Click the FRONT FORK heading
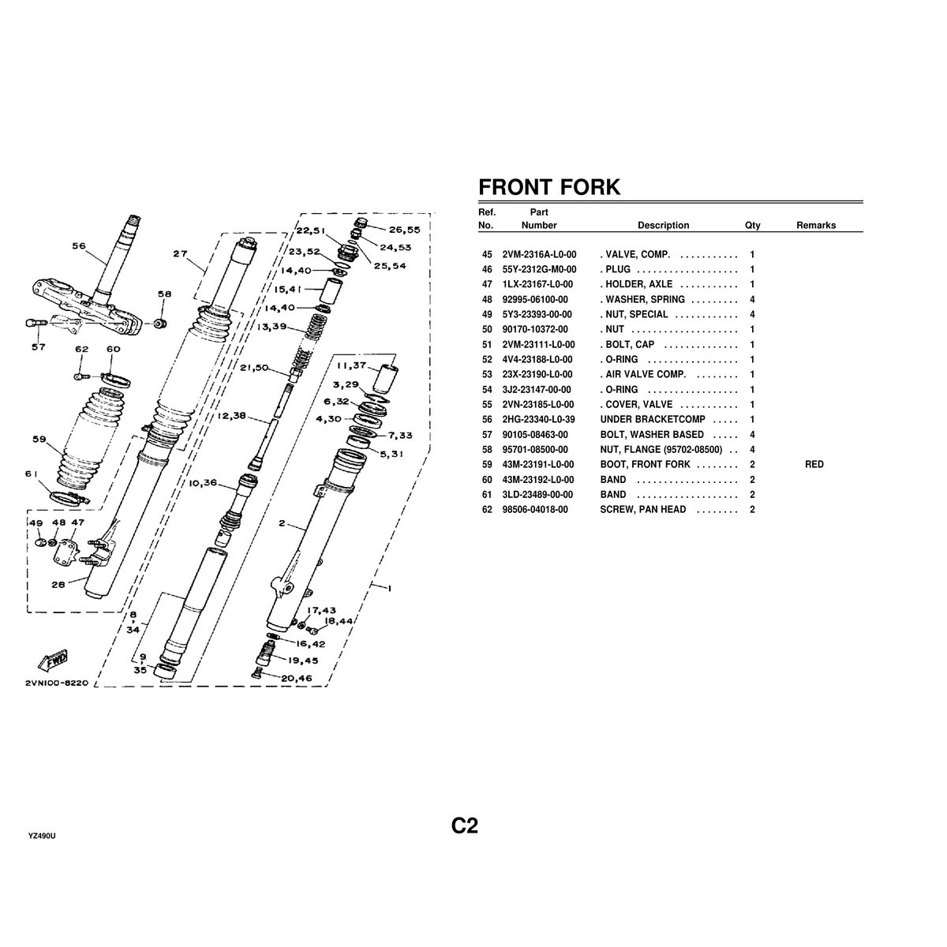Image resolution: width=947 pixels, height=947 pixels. click(x=549, y=187)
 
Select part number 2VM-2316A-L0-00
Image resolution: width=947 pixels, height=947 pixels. click(x=539, y=255)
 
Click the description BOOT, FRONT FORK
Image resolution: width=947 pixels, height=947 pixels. click(x=645, y=464)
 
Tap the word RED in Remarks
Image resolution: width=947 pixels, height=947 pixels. click(x=814, y=464)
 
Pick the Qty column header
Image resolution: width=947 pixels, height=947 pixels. click(x=752, y=225)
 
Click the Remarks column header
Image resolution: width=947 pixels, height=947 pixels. click(x=816, y=225)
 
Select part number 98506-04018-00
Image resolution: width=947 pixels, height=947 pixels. click(x=535, y=510)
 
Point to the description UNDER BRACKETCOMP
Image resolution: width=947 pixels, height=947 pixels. click(x=653, y=419)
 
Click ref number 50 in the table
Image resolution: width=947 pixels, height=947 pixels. click(x=487, y=329)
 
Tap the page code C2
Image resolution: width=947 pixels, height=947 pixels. click(x=464, y=825)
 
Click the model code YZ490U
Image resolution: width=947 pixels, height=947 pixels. click(x=42, y=837)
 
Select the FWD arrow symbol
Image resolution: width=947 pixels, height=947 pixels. click(x=53, y=661)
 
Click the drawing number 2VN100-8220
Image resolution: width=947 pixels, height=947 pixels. click(x=57, y=683)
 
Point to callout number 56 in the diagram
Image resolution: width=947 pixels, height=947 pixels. click(x=79, y=245)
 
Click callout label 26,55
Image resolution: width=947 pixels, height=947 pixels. click(x=405, y=230)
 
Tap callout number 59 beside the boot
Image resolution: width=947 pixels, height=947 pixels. click(x=39, y=439)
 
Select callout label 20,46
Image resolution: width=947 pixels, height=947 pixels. click(x=297, y=678)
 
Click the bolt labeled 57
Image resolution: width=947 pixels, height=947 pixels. click(x=36, y=323)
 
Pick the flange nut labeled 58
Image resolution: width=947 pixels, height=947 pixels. click(x=160, y=324)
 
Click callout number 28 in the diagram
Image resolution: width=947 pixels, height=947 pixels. click(x=58, y=585)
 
